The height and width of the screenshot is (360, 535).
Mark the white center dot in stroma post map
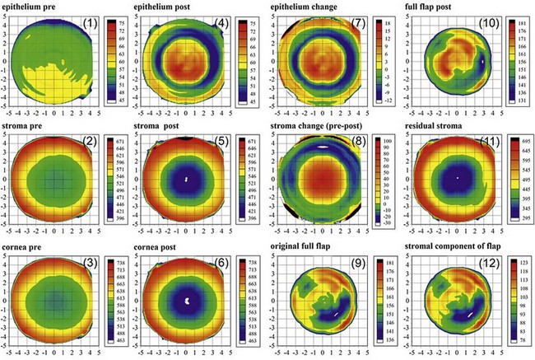pyautogui.click(x=187, y=178)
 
